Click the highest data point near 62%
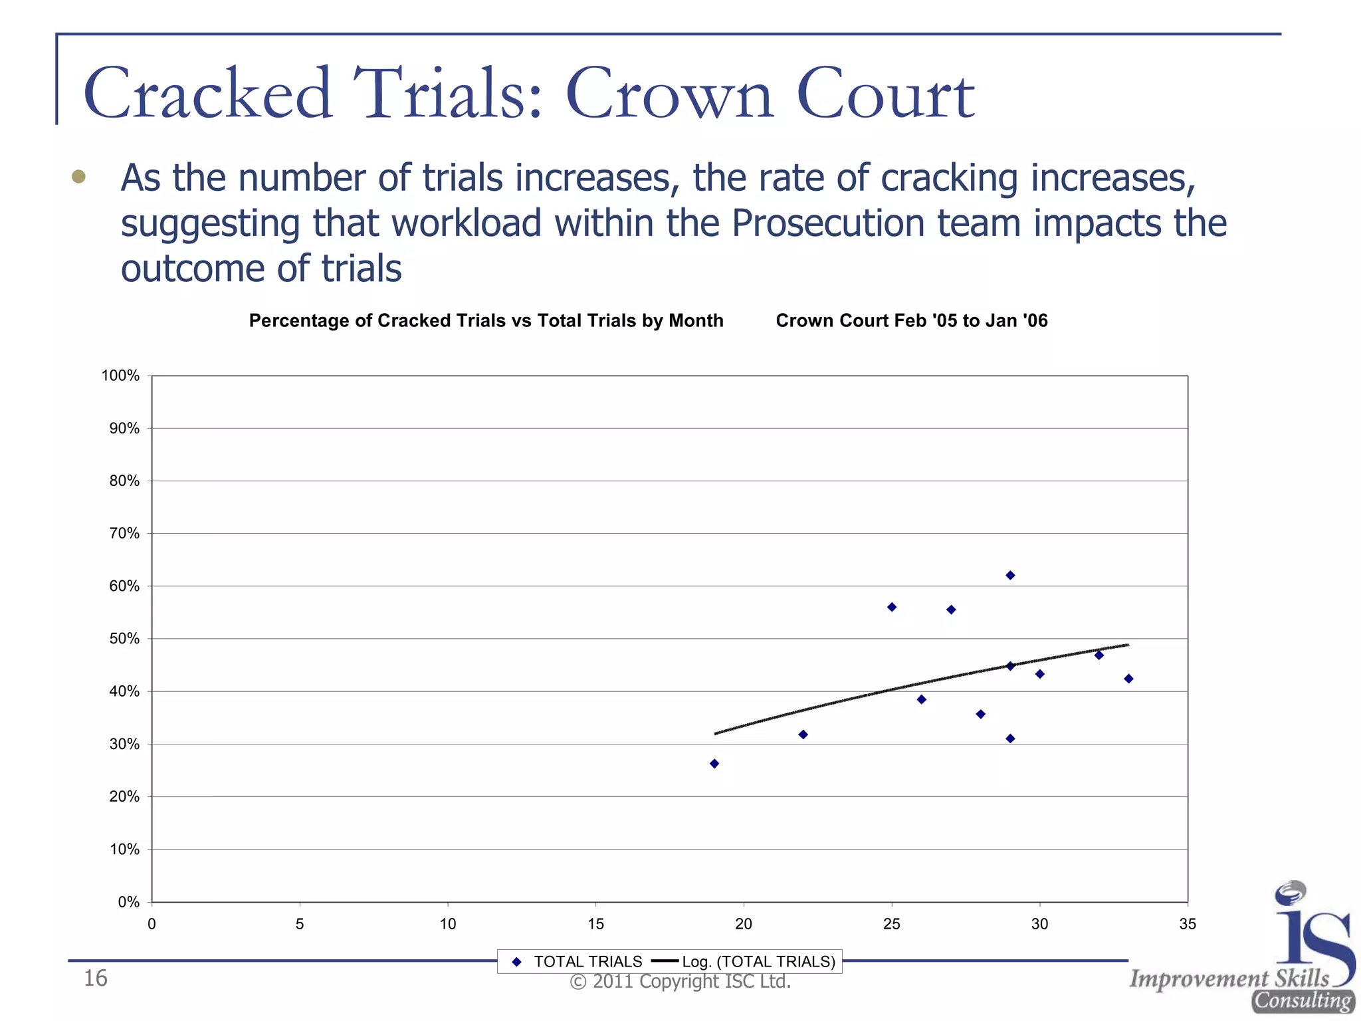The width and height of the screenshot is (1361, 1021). coord(1010,575)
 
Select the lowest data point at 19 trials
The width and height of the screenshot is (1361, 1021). coord(714,764)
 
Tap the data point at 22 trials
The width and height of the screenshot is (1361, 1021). coord(803,735)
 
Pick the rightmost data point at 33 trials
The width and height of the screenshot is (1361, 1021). coord(1128,679)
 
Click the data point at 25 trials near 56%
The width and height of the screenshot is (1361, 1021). coord(892,607)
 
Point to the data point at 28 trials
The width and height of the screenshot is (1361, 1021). coord(980,714)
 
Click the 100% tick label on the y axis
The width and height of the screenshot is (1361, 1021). coord(120,376)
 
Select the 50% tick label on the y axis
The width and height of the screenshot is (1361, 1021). coord(124,639)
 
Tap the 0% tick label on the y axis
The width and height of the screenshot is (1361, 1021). coord(128,902)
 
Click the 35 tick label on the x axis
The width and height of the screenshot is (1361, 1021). coord(1187,924)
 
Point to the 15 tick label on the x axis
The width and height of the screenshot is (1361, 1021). coord(595,924)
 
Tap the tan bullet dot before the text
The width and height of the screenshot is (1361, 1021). coord(78,176)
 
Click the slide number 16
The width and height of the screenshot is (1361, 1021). coord(95,978)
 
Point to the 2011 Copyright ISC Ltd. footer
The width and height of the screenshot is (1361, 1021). coord(680,982)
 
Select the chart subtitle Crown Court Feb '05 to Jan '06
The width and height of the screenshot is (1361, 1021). coord(911,320)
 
